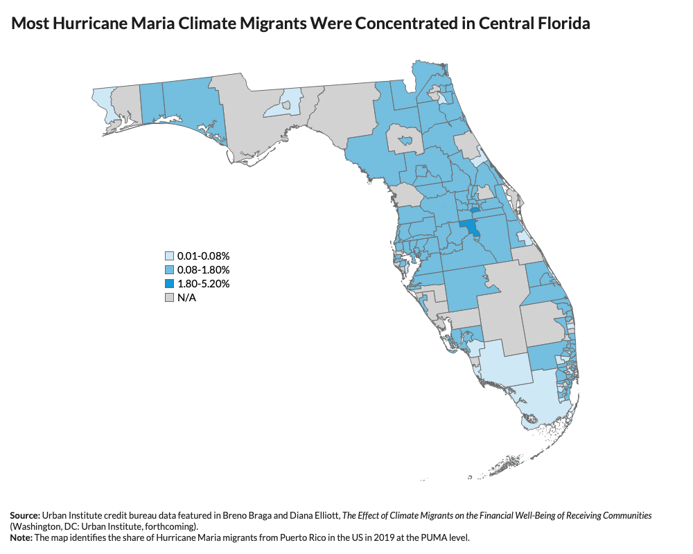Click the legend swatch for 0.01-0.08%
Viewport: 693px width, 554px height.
(169, 256)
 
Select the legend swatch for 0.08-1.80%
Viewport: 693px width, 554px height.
(169, 270)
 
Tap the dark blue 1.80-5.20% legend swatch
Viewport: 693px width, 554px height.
(169, 284)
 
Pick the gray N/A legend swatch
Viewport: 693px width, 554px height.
(169, 298)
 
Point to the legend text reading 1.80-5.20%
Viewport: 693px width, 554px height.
(203, 284)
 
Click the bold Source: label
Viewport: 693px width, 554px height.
(25, 516)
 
